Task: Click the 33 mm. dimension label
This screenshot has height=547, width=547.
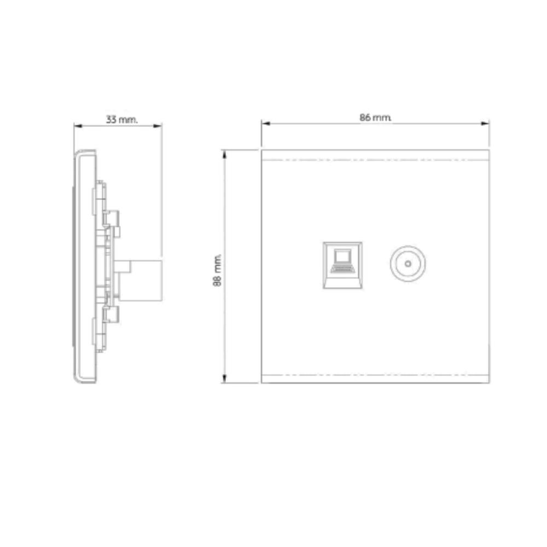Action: pos(122,120)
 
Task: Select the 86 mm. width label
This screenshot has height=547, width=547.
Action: pos(375,118)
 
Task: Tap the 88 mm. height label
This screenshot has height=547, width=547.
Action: pos(217,270)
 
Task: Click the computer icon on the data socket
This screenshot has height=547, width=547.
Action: pos(342,260)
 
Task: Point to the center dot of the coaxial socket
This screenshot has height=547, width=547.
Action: pos(408,264)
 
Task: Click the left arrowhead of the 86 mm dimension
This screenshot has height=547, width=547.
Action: pos(266,123)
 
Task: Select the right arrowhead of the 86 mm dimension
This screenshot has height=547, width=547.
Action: pos(485,123)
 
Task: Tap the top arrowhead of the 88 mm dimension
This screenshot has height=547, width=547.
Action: pos(224,154)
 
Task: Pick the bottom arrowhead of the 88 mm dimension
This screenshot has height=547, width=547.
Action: pos(224,379)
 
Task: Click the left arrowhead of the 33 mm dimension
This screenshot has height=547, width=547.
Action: pos(78,126)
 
